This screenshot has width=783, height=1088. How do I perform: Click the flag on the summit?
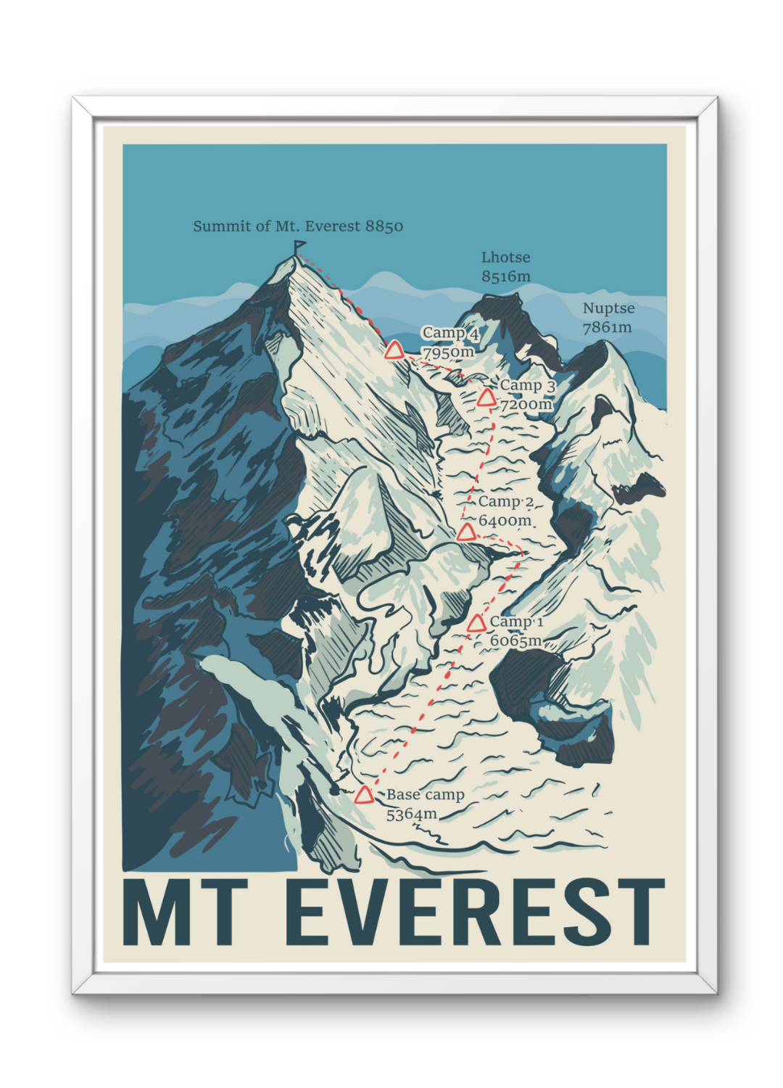pyautogui.click(x=299, y=247)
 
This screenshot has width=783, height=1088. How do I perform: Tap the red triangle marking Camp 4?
pyautogui.click(x=394, y=352)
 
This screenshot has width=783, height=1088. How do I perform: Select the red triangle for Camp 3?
pyautogui.click(x=486, y=397)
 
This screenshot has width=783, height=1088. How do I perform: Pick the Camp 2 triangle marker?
pyautogui.click(x=466, y=533)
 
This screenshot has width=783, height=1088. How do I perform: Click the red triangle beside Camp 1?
pyautogui.click(x=476, y=624)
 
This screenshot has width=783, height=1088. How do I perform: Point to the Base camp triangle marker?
pyautogui.click(x=364, y=796)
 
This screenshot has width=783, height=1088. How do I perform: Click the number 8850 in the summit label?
pyautogui.click(x=384, y=226)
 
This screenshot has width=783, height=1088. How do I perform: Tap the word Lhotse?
pyautogui.click(x=505, y=257)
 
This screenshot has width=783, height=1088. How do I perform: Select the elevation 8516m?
pyautogui.click(x=506, y=276)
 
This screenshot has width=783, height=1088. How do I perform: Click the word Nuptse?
pyautogui.click(x=608, y=308)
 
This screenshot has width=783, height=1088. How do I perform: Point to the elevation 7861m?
pyautogui.click(x=607, y=327)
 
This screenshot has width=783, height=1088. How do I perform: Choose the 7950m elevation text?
pyautogui.click(x=448, y=353)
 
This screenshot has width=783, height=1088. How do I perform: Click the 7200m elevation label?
pyautogui.click(x=526, y=404)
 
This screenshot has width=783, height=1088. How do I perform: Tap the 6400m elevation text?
pyautogui.click(x=505, y=521)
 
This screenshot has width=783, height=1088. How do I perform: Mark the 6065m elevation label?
pyautogui.click(x=515, y=640)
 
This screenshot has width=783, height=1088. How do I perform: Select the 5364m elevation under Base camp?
pyautogui.click(x=411, y=814)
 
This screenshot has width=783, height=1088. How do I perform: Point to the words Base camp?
pyautogui.click(x=425, y=795)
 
